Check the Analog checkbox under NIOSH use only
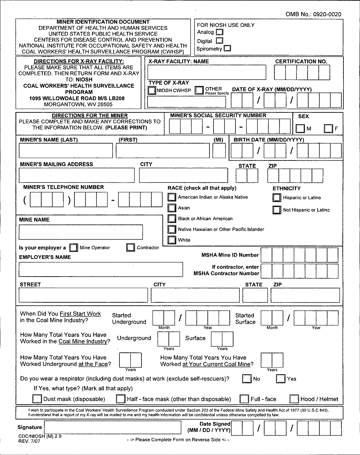click(x=220, y=32)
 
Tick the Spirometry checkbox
click(x=227, y=48)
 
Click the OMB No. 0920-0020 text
click(x=313, y=14)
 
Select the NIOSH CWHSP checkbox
click(x=152, y=90)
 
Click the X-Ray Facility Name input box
click(x=207, y=72)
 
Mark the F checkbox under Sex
click(x=328, y=129)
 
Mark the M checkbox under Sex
click(x=300, y=129)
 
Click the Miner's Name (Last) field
click(x=66, y=151)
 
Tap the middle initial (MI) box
click(x=219, y=151)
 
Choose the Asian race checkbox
click(x=172, y=208)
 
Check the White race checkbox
click(x=172, y=240)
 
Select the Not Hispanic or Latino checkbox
click(x=277, y=210)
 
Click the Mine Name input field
click(x=81, y=232)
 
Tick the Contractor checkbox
click(x=130, y=247)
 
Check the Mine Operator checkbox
click(x=73, y=247)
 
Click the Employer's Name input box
click(x=100, y=269)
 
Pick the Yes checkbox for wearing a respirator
click(x=281, y=378)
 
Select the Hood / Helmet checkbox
click(x=294, y=399)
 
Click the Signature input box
click(x=112, y=428)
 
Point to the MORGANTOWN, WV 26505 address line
click(x=78, y=104)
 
